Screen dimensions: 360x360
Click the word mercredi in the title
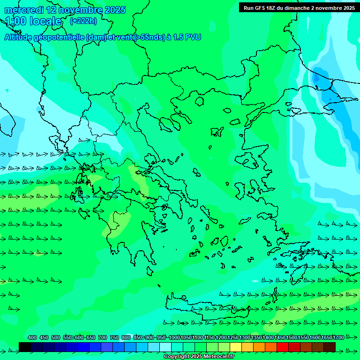coord(24,10)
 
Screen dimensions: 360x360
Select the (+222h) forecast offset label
coord(83,21)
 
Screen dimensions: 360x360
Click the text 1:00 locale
coord(33,21)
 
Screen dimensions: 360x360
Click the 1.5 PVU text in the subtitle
coord(187,37)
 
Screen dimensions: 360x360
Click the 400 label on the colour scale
coord(32,337)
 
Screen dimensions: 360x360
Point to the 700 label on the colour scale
coord(103,337)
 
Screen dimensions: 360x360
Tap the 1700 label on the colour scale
coord(338,337)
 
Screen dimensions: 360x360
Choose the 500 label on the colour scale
coord(56,337)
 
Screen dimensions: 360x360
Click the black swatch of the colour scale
coord(25,347)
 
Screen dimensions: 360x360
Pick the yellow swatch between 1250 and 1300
coord(236,347)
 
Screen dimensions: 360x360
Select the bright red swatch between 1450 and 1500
coord(283,347)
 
